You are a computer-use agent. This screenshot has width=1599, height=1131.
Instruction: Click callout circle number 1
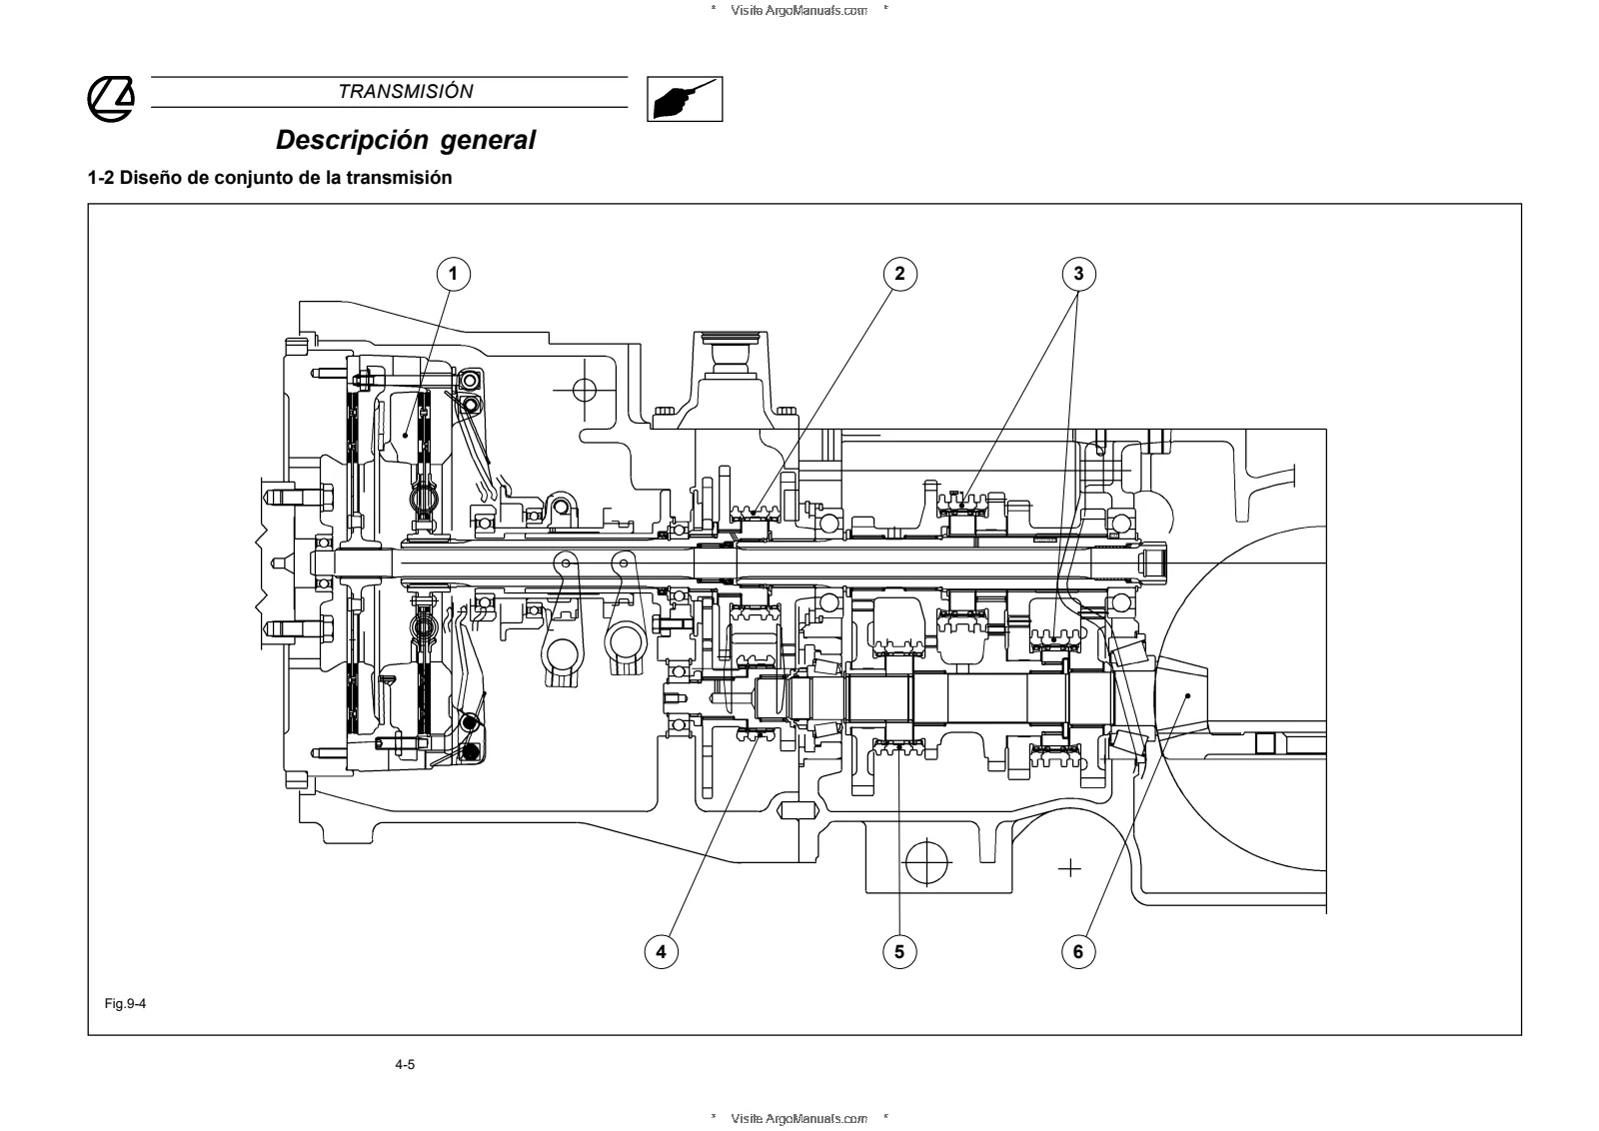(454, 274)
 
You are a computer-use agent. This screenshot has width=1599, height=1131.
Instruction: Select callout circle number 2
(899, 274)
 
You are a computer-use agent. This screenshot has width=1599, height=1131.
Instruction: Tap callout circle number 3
(1078, 274)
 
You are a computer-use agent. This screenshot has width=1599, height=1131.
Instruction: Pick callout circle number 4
(661, 951)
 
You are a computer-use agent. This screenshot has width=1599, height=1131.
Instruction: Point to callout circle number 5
(899, 951)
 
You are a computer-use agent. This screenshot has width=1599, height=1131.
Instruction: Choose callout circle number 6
(1078, 951)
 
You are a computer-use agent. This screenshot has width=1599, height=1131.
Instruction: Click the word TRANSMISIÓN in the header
(406, 91)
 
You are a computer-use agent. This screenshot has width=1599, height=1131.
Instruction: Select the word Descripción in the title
(352, 141)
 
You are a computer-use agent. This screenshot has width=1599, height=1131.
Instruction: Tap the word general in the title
(488, 141)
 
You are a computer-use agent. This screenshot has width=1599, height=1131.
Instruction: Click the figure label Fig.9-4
(125, 1003)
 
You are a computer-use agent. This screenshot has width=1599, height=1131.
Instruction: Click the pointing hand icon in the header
(685, 99)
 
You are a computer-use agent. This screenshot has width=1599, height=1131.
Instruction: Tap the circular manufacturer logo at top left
(111, 99)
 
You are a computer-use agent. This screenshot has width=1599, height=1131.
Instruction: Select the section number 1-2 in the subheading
(100, 178)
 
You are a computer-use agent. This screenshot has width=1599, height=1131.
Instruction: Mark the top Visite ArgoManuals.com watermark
(799, 10)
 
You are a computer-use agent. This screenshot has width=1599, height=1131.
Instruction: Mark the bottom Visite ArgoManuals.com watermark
(799, 1118)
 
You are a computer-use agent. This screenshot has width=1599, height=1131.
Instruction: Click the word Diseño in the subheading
(150, 178)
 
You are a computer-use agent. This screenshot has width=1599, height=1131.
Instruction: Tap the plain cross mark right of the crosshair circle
(1069, 868)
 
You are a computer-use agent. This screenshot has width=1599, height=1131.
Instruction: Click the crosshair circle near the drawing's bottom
(925, 862)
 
